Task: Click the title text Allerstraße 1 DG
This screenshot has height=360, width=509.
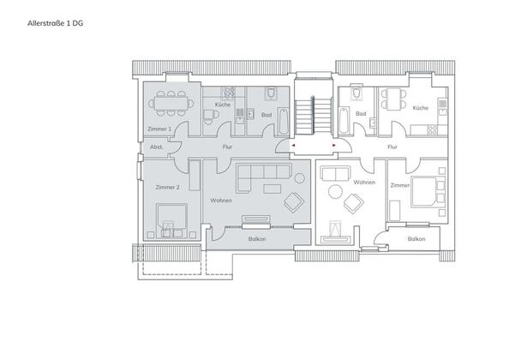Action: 55,23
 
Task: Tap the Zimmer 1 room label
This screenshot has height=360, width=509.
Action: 159,129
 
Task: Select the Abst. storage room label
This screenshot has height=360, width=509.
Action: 157,147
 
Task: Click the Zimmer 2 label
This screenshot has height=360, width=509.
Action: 167,188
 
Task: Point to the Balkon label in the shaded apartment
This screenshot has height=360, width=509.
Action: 257,239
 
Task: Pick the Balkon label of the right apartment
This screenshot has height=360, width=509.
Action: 416,239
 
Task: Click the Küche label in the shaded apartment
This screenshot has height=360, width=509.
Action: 223,105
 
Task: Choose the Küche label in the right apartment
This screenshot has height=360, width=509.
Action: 421,108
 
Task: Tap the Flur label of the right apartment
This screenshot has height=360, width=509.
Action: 392,147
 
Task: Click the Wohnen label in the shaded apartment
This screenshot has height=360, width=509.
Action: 221,201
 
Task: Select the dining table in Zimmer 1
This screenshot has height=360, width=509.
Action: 171,104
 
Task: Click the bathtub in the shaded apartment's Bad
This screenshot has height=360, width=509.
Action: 283,121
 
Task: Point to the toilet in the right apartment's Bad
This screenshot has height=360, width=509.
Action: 356,92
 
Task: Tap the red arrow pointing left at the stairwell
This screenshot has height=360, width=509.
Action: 293,146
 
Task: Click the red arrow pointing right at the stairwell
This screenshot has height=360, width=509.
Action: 334,146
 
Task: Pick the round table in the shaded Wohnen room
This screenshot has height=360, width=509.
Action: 299,178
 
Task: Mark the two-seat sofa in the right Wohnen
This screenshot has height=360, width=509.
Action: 335,174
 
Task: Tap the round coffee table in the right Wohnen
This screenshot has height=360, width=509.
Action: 335,192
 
